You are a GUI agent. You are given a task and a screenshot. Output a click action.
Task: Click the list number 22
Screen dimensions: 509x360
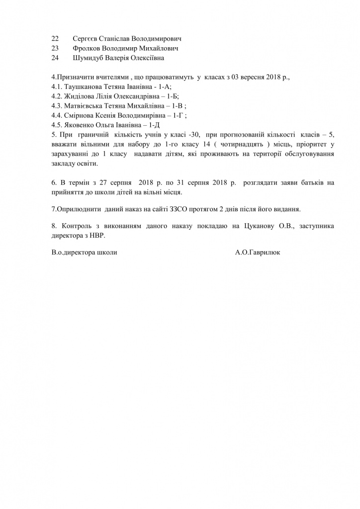(55, 38)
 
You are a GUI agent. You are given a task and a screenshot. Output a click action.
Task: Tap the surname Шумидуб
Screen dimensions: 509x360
(89, 58)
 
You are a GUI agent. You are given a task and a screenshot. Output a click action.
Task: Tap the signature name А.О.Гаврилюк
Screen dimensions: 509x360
(258, 253)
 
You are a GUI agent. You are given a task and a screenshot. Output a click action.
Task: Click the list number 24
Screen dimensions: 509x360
(55, 58)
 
